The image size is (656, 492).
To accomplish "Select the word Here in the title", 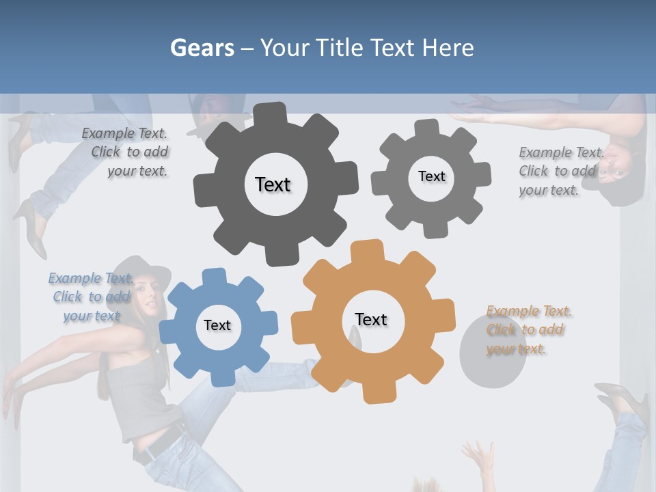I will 448,48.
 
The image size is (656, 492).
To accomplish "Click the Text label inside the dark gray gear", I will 273,184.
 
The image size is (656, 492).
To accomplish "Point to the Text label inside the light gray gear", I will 431,176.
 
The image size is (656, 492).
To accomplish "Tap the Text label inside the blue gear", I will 217,325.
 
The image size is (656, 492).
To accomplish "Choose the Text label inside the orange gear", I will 371,319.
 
